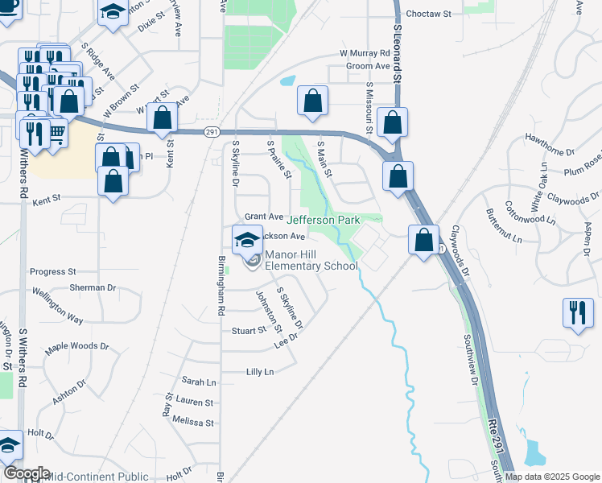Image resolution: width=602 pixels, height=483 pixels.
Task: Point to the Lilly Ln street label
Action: click(x=260, y=371)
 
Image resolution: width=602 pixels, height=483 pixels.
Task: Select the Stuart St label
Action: click(x=249, y=331)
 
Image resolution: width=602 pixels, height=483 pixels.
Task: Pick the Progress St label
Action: click(x=52, y=272)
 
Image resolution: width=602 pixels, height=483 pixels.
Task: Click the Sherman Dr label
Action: click(x=93, y=287)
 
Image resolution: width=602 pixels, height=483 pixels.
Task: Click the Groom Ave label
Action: click(x=367, y=66)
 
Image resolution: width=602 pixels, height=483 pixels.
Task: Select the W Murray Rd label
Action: click(x=364, y=53)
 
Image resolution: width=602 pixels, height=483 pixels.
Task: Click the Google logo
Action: click(x=27, y=473)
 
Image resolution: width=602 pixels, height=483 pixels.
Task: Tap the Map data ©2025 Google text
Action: click(x=552, y=477)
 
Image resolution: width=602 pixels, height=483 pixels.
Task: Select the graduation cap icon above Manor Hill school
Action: click(x=247, y=238)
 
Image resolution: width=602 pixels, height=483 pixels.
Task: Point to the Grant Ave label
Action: click(x=264, y=217)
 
